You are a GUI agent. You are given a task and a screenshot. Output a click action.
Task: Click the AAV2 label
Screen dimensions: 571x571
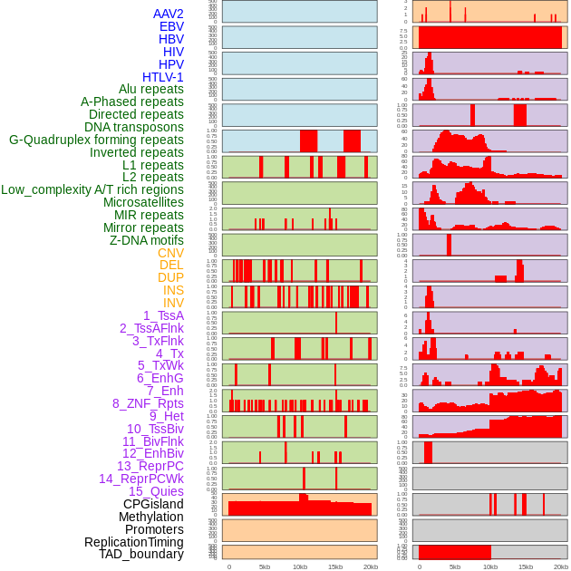pos(169,15)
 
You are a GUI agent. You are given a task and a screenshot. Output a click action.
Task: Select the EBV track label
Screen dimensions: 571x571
pos(171,27)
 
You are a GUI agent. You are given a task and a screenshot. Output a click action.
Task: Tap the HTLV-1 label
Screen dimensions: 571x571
pos(163,77)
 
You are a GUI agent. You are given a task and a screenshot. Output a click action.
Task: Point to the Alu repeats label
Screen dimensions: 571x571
pos(151,90)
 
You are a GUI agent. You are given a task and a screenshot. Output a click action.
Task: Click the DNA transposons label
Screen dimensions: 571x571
pos(134,128)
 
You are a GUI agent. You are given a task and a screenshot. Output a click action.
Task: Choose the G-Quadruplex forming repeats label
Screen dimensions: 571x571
pos(96,140)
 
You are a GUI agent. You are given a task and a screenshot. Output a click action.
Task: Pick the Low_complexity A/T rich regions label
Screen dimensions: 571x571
pos(92,190)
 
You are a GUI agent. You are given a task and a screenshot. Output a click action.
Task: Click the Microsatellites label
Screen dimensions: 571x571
pos(143,203)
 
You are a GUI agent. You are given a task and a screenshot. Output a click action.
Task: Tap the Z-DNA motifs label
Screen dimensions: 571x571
pos(147,240)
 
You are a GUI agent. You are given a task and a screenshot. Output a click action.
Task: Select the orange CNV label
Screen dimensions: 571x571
pos(170,253)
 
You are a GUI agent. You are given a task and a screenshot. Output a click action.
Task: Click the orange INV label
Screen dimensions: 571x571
pos(173,303)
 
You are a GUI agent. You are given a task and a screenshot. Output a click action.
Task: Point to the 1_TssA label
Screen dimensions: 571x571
pos(163,315)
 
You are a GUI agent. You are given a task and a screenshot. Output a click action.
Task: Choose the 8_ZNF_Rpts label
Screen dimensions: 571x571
pos(148,403)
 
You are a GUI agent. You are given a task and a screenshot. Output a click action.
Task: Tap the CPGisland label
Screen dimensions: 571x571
pos(153,504)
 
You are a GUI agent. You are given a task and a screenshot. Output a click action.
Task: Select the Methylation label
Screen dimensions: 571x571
pos(151,517)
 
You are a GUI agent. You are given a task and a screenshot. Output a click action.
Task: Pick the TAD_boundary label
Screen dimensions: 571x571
pos(141,554)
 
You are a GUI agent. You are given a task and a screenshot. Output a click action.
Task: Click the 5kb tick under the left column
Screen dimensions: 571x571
pos(265,566)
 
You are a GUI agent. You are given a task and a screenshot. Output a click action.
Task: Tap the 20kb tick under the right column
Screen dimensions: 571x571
pos(561,566)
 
